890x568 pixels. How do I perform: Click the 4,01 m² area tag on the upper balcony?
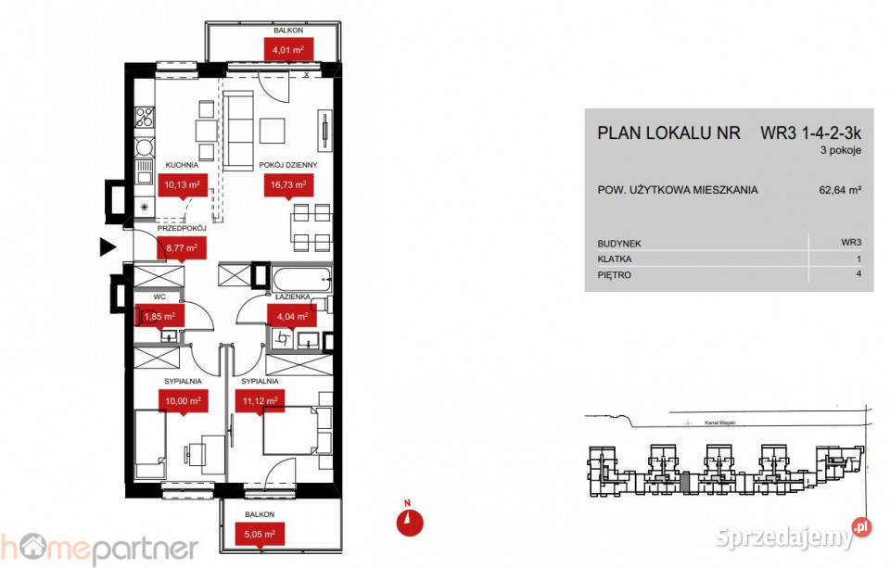click(x=287, y=48)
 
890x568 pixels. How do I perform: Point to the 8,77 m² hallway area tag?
click(x=182, y=247)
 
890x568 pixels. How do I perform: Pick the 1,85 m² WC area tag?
click(x=159, y=317)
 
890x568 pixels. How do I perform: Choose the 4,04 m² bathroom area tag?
click(x=286, y=316)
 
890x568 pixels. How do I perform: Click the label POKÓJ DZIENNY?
click(x=288, y=166)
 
